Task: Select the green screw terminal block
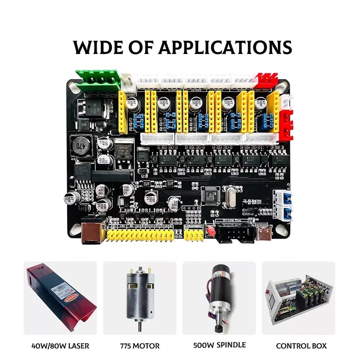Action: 98,80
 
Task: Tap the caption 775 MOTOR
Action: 140,346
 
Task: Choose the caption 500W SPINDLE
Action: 219,345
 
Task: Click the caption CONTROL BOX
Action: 301,346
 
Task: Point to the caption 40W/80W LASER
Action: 60,346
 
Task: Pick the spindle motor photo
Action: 219,297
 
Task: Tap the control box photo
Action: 298,297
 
